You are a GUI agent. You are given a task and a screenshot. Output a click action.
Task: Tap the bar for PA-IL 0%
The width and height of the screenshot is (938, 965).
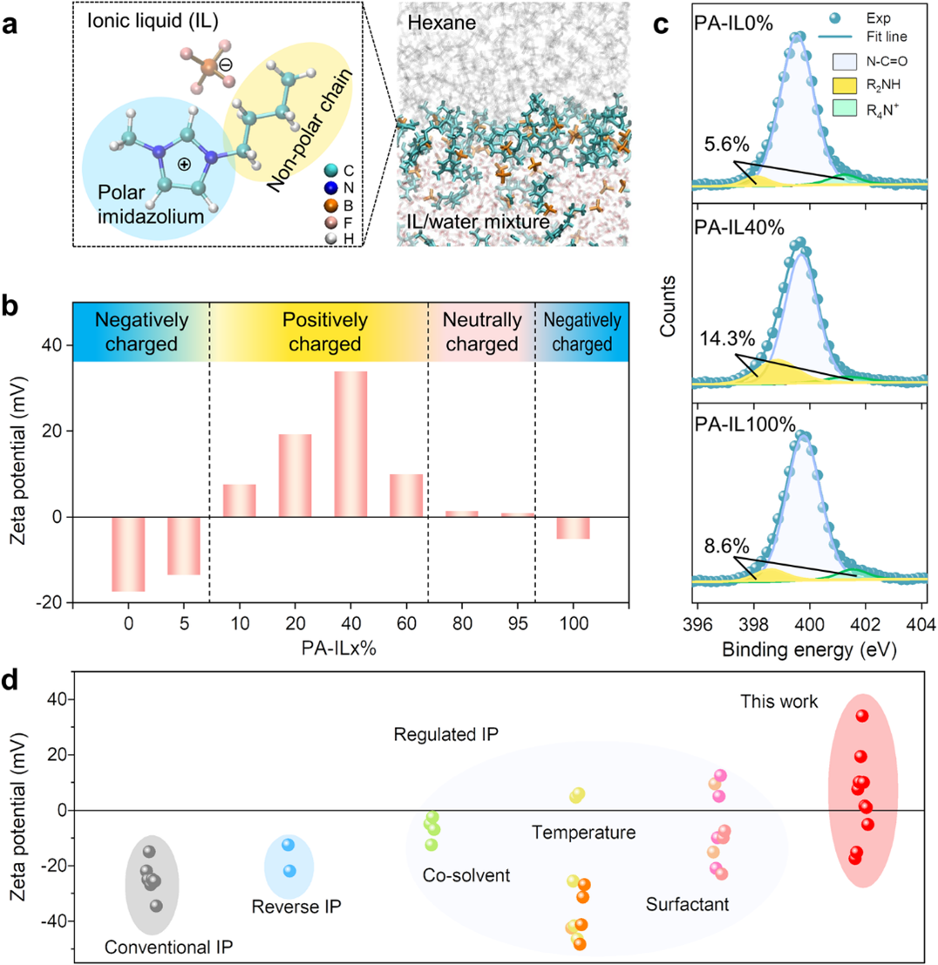click(x=128, y=554)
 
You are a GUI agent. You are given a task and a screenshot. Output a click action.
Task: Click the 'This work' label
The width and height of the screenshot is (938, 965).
click(x=778, y=676)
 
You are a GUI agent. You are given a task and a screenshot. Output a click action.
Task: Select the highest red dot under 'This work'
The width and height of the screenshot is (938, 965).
click(x=862, y=716)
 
